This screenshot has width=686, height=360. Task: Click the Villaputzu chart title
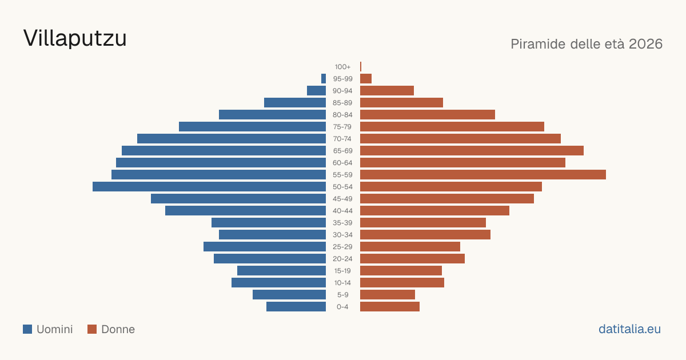coord(75,38)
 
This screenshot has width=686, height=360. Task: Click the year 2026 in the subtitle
coord(645,44)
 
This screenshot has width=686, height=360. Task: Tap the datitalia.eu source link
coord(629,329)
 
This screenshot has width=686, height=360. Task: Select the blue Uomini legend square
coord(27,329)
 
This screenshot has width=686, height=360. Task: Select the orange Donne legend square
coord(92,329)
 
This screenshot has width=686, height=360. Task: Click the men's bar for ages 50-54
coord(209,187)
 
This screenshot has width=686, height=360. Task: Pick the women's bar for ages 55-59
coord(483,175)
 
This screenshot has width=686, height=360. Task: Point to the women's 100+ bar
coord(361,67)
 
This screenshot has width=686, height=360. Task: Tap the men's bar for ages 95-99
coord(324,79)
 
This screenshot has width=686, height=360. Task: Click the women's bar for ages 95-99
coord(366,79)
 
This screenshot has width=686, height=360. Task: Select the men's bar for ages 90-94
coord(316,91)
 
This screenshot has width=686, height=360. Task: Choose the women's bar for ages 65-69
coord(472,151)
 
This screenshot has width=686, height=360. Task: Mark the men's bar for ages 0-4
coord(296,307)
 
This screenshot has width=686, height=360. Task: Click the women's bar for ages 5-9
coord(388,295)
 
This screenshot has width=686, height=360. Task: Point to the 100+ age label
coord(342,67)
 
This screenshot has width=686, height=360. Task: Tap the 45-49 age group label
coord(342,199)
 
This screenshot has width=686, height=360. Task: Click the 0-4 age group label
coord(342,307)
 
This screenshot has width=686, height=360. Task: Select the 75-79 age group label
coord(342,127)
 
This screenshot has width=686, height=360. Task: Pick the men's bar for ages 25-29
coord(265,247)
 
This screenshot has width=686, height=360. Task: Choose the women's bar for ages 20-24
coord(413,259)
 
